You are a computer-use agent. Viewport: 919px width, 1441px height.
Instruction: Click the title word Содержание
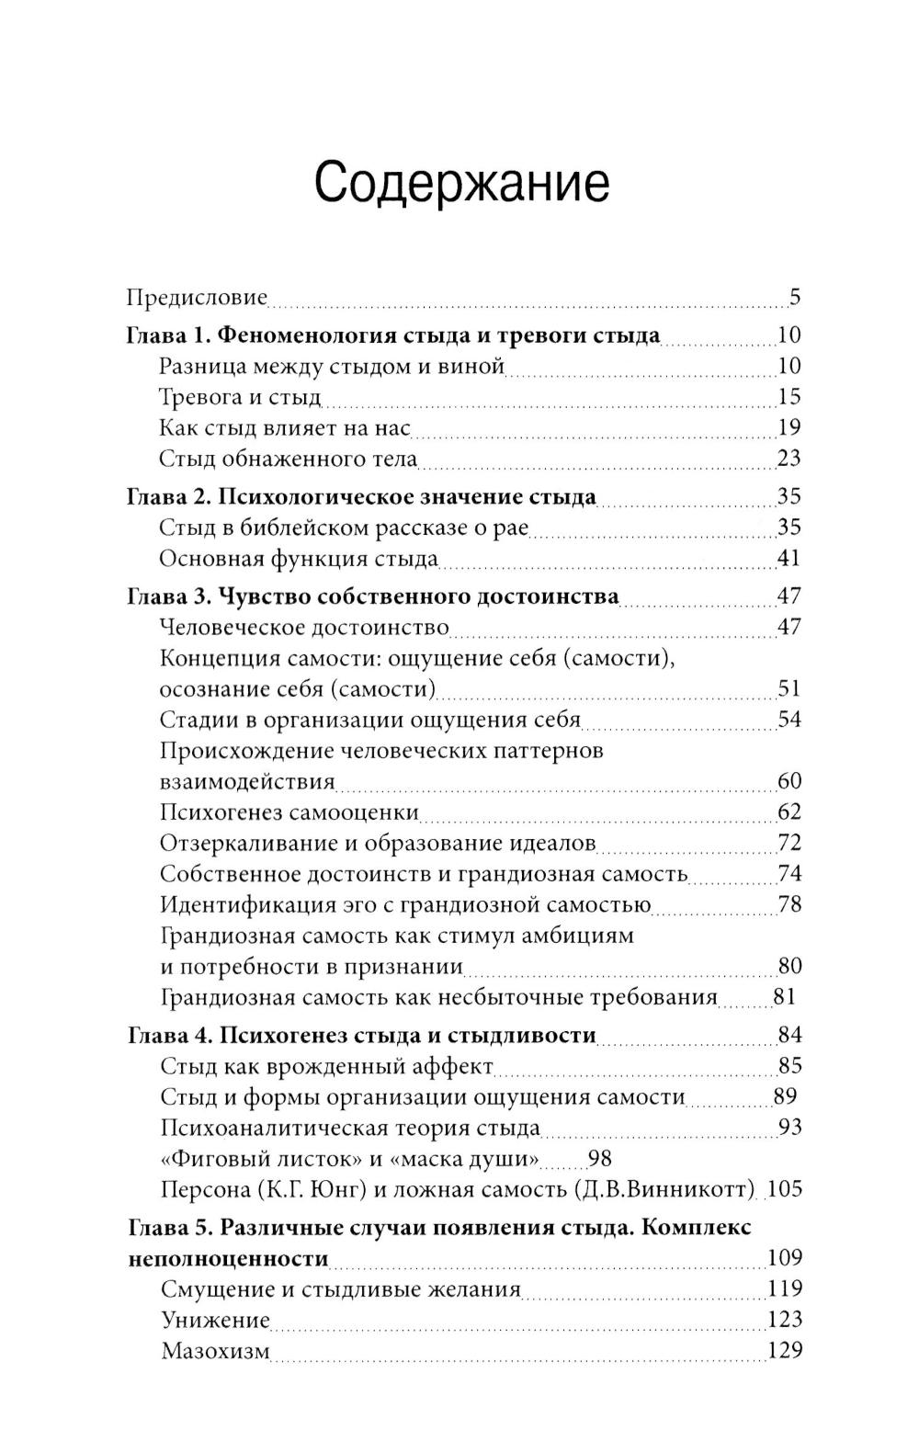pos(461,182)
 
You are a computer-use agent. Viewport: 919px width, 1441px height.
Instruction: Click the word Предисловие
pos(197,298)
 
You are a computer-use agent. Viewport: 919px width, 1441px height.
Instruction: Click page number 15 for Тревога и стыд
pos(789,397)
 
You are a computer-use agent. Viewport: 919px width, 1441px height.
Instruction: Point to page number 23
pos(789,458)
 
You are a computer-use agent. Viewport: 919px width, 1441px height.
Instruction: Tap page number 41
pos(789,558)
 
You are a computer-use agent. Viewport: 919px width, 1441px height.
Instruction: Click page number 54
pos(789,720)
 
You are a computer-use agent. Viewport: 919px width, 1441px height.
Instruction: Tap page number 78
pos(789,904)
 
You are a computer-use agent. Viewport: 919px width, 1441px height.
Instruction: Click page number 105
pos(784,1189)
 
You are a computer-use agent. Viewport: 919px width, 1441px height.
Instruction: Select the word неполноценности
pos(228,1258)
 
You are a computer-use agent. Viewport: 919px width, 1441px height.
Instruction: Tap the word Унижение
pos(215,1320)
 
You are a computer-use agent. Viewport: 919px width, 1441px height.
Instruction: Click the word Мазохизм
pos(215,1351)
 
